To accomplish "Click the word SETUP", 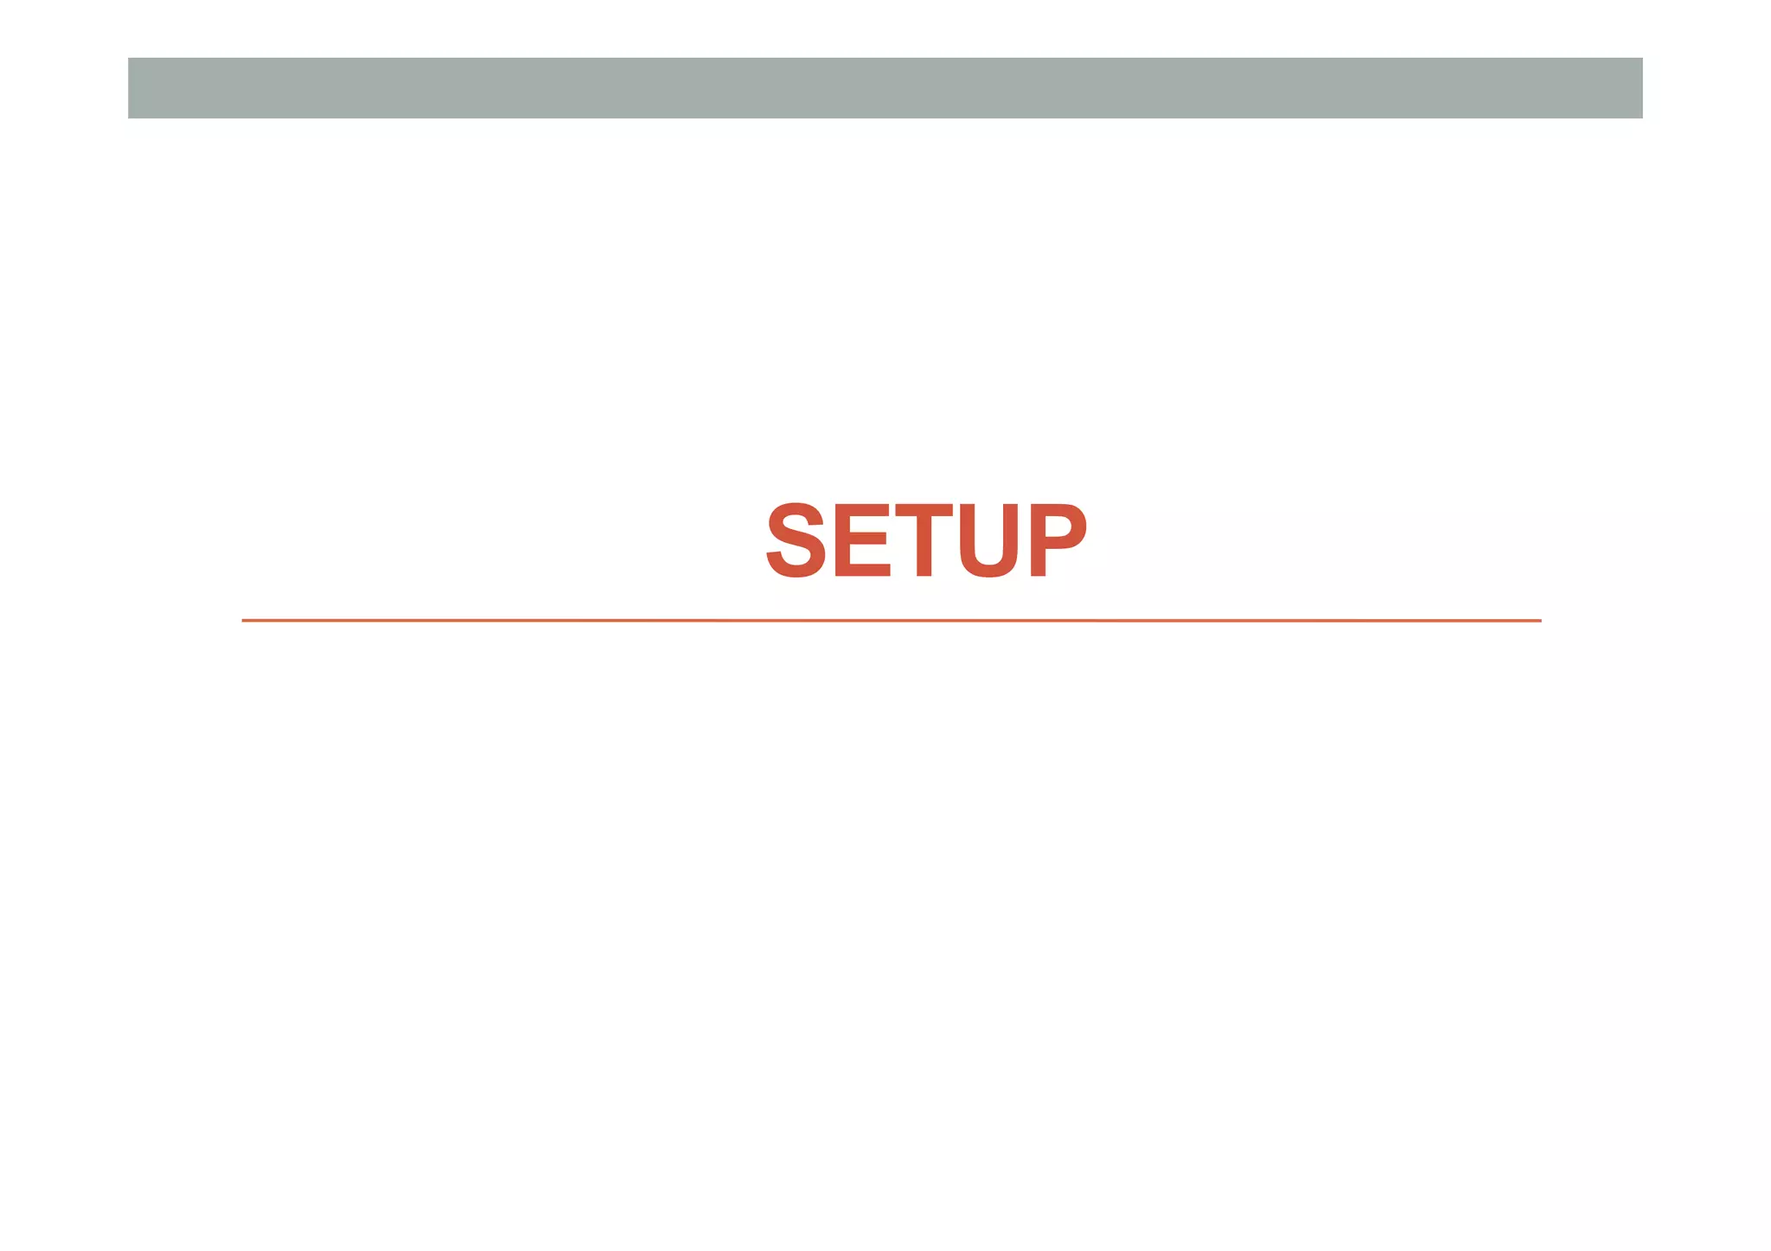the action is click(926, 540).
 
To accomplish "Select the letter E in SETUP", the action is click(861, 540).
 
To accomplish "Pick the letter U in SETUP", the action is click(988, 542).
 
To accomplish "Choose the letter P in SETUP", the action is click(1057, 540).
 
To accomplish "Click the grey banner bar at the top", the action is click(885, 88).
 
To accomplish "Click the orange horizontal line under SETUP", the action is click(891, 620).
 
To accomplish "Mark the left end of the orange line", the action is click(244, 620).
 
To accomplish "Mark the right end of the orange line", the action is click(1539, 620).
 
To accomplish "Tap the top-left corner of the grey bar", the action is click(130, 60).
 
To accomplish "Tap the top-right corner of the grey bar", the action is click(1640, 60).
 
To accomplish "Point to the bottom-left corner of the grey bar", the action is click(130, 116).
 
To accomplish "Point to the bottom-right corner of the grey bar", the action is click(1640, 116).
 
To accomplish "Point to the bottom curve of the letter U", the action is click(988, 570).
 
